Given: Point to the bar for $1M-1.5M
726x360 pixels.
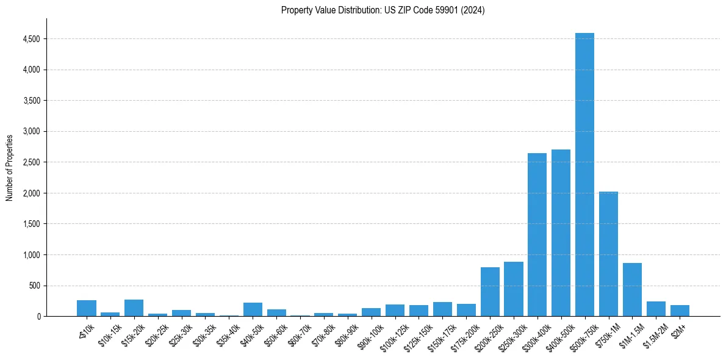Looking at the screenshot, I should click(x=632, y=290).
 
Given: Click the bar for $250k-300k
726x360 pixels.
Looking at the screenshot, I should click(x=514, y=289).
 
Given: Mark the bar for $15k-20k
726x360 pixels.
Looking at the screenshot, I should click(x=134, y=308).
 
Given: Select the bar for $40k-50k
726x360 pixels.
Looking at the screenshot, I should click(x=253, y=309).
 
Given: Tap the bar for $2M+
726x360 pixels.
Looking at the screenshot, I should click(x=680, y=311).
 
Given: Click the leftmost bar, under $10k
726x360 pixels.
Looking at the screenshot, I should click(x=87, y=308).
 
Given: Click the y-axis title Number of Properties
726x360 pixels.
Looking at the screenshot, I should click(x=9, y=168).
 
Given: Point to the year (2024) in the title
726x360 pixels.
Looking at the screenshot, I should click(x=472, y=10).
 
